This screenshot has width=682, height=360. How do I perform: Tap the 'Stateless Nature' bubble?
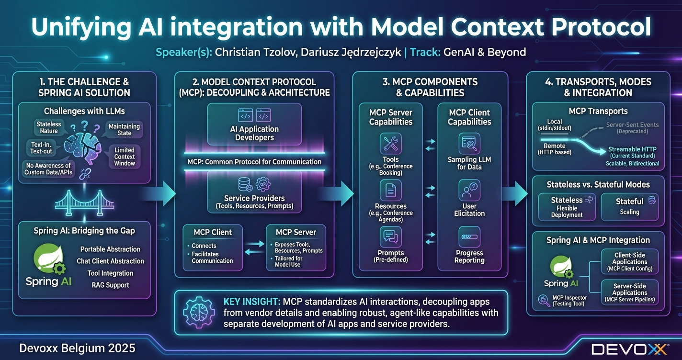(49, 127)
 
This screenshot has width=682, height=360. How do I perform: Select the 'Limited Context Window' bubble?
(125, 157)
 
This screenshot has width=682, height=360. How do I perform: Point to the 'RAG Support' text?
(110, 285)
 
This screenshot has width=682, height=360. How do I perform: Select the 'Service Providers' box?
(254, 193)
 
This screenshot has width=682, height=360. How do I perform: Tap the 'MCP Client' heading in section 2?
(213, 232)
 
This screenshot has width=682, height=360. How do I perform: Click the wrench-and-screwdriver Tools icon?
(390, 144)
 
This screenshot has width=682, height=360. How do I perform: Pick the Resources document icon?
(390, 190)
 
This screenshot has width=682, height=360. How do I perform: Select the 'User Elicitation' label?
(469, 210)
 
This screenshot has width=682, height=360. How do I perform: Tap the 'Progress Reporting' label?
(469, 257)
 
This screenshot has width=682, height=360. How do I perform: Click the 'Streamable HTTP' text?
(632, 149)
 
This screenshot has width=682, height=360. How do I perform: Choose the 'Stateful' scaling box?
(629, 206)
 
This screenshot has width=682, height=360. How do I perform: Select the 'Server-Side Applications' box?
(629, 292)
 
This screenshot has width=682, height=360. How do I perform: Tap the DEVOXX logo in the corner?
(629, 349)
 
